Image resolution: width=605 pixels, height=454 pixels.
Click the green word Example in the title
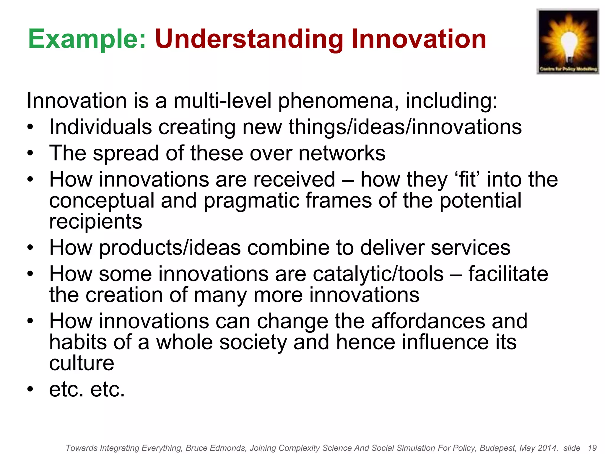pos(87,39)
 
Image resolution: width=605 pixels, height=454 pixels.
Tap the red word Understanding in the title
pos(249,39)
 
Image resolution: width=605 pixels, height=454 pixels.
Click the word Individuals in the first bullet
pos(100,127)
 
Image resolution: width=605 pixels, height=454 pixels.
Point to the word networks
pos(342,153)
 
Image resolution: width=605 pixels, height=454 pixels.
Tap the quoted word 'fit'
pos(466,179)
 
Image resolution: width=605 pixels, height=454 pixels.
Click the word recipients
pos(95,222)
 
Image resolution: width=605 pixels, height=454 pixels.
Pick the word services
pos(470,248)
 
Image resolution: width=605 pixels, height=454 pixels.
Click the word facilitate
pos(508,274)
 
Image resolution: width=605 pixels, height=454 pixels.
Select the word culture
pos(82,363)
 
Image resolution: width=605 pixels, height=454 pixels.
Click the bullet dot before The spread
pos(30,153)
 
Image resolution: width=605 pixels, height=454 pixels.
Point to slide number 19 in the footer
pos(592,448)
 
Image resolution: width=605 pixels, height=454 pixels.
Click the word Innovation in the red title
pos(419,39)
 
